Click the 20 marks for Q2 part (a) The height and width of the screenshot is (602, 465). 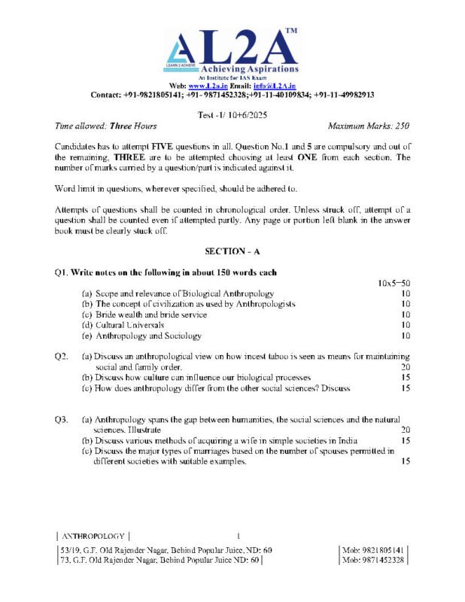click(x=405, y=366)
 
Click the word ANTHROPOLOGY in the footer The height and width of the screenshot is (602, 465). click(x=93, y=536)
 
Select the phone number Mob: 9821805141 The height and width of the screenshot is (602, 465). click(x=373, y=550)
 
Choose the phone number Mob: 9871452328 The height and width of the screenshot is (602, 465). click(x=373, y=560)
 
